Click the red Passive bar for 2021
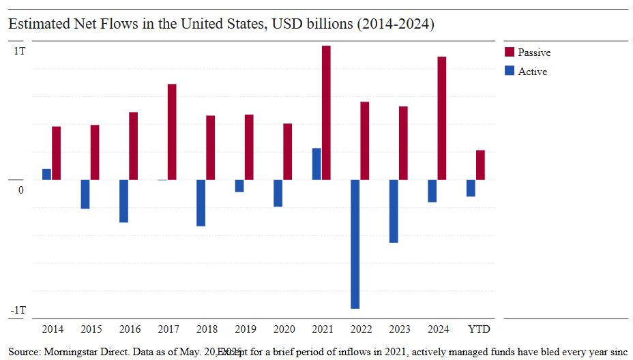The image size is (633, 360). pos(326,113)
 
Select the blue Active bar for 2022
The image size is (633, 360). pos(355,244)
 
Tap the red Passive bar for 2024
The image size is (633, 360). pos(442,119)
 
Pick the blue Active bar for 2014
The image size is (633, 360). pos(47,175)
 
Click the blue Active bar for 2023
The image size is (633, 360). pos(394,211)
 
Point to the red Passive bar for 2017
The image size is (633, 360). pos(172,132)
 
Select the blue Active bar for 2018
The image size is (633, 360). pos(201,203)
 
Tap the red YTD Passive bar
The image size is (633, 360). pos(480,165)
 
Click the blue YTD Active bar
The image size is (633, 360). pos(471,188)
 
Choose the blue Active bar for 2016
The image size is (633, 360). pos(124,201)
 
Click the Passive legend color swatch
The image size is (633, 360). pos(509,52)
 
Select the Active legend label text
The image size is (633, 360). pos(532,72)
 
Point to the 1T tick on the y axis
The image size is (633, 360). pos(19,51)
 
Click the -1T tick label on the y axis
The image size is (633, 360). pos(18,310)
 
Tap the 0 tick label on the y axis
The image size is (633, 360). pos(21,190)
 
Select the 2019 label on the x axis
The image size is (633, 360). pos(246,329)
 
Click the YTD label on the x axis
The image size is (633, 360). pos(479,329)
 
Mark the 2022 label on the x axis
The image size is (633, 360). pos(361,329)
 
